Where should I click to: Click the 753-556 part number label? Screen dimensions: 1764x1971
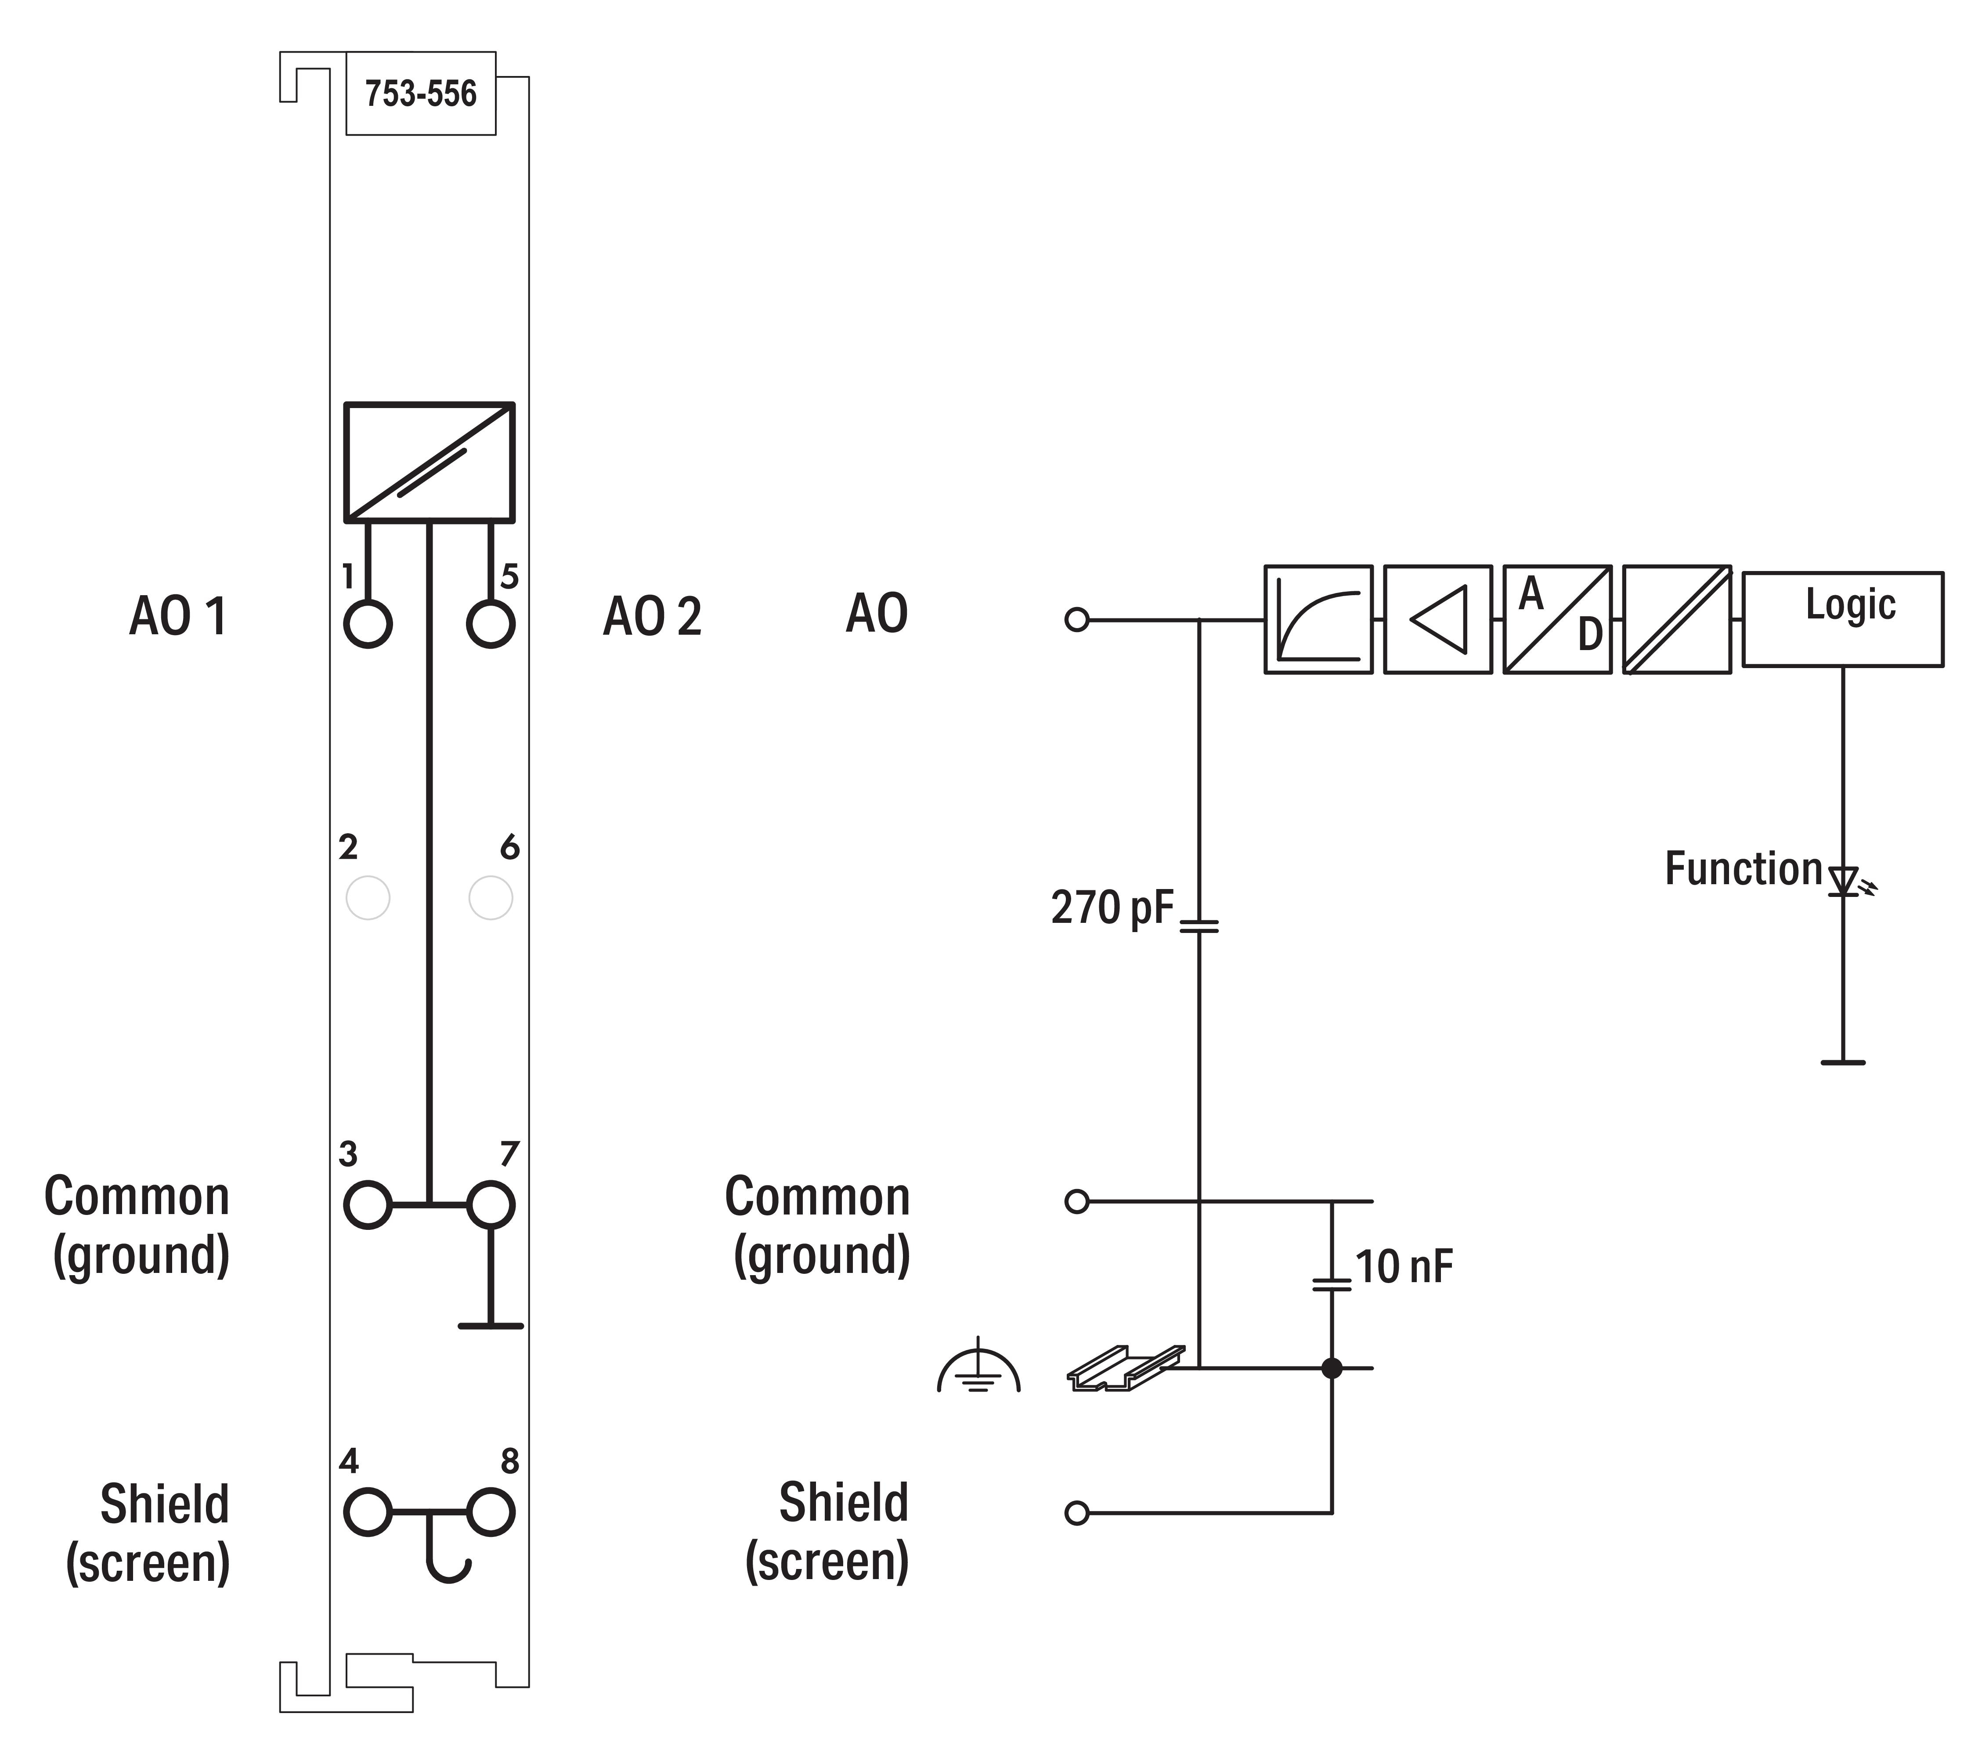421,94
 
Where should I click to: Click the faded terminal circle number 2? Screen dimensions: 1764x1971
367,899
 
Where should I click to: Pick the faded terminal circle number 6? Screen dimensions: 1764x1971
490,899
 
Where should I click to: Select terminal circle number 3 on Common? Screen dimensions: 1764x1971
367,1205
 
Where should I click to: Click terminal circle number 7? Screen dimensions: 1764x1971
490,1205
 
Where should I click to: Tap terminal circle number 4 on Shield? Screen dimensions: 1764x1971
367,1512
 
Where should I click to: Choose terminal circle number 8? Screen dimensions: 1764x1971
490,1512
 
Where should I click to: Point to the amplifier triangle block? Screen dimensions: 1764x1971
1437,619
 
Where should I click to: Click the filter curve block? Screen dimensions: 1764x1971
1318,619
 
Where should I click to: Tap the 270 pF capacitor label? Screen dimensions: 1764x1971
1112,908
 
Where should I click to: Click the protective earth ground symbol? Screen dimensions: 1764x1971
979,1370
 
